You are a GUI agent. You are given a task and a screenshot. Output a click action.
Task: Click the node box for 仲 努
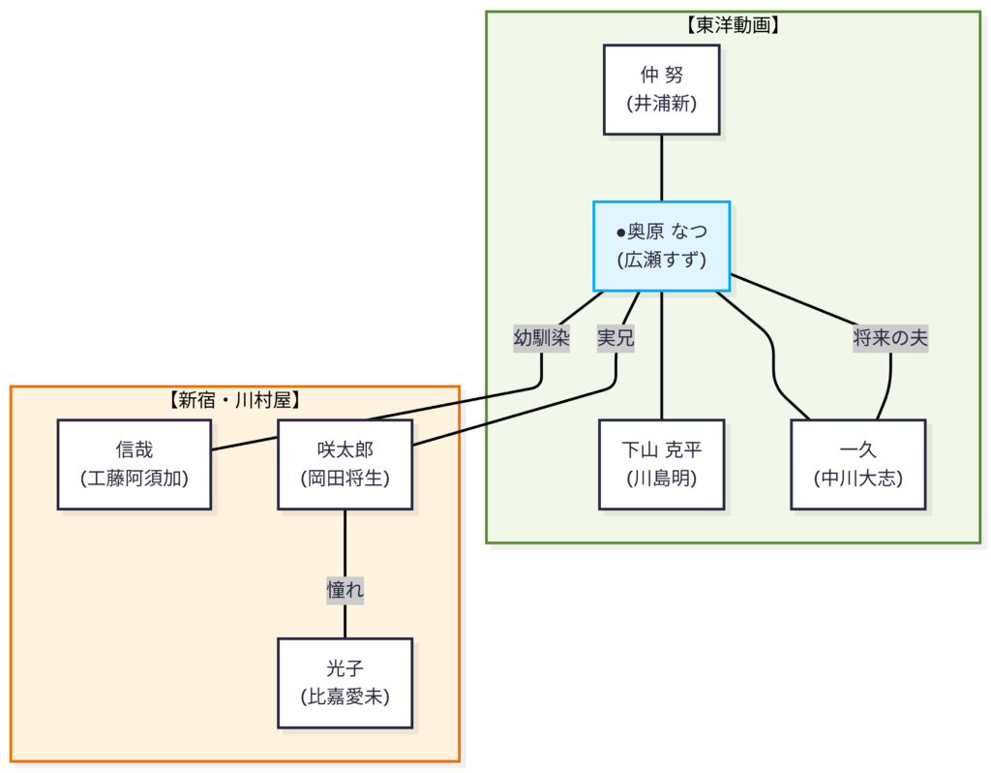point(661,89)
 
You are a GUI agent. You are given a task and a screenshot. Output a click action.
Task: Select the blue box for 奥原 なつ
point(661,246)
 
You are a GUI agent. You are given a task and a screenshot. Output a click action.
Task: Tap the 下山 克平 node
point(661,464)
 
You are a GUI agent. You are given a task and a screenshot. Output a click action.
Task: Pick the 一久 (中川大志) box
point(857,464)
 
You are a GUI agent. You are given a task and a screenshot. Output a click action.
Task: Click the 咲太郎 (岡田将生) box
point(345,464)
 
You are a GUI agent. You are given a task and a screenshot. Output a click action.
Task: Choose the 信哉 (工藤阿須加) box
point(134,464)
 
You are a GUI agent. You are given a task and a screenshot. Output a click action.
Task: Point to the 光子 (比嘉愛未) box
point(345,683)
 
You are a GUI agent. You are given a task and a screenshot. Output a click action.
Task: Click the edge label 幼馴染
point(541,338)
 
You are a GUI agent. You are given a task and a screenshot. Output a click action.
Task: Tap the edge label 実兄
point(615,338)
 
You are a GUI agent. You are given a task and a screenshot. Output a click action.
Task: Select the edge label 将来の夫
point(890,338)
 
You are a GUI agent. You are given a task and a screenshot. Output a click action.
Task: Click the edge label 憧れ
point(345,589)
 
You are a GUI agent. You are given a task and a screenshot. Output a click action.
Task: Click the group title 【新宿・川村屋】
point(234,399)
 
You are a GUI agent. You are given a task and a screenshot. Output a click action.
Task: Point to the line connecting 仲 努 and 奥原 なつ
point(661,168)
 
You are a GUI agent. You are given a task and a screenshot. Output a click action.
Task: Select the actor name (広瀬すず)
point(661,260)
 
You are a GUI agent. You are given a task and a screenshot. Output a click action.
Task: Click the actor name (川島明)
point(661,478)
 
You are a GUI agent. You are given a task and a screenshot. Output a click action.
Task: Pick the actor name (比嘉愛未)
point(345,696)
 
